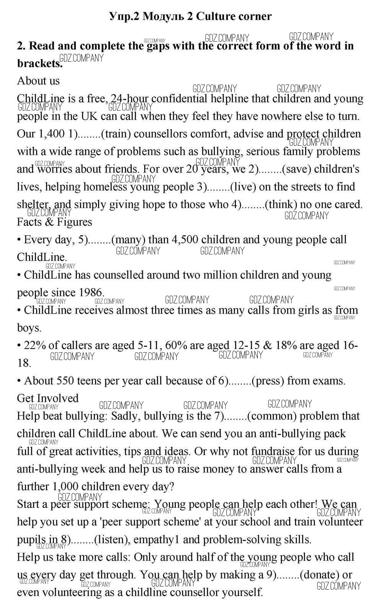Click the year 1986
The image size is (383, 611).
(x=92, y=293)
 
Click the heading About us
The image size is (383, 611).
(x=38, y=81)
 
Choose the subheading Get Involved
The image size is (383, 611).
(x=47, y=398)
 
